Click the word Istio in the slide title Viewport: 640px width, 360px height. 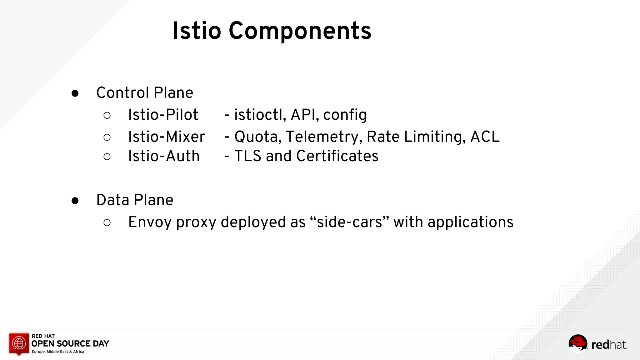point(197,31)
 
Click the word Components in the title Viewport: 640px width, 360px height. point(300,31)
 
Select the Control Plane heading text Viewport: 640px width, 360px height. point(145,93)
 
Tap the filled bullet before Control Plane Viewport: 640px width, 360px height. point(75,93)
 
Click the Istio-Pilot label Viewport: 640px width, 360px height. point(163,115)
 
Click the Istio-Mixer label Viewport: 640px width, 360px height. point(167,137)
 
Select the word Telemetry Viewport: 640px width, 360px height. point(324,137)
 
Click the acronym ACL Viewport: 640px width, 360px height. point(485,137)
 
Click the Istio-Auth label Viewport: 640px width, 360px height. point(164,156)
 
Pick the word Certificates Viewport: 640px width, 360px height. point(337,156)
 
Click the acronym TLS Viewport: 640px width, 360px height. point(248,156)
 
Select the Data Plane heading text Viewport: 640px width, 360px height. point(135,200)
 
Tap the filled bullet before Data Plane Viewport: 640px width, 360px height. point(75,201)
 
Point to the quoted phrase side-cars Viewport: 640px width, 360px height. point(349,222)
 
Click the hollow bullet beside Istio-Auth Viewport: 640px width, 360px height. point(107,157)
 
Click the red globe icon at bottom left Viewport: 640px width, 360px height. point(19,343)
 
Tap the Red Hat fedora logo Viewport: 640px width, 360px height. point(577,343)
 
